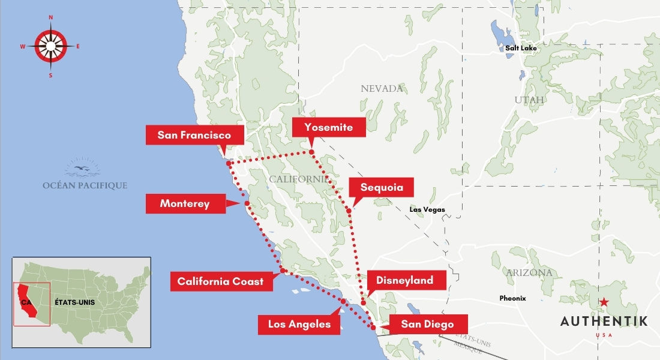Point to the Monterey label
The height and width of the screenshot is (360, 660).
coord(185,204)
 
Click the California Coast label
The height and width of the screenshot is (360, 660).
coord(220,281)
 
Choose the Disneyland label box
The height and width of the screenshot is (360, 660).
coord(405,280)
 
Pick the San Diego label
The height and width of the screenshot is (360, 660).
coord(427,325)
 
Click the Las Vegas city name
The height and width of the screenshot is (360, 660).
coord(427,209)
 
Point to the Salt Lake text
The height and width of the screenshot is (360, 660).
coord(521,48)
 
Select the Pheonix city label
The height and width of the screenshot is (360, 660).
coord(512,298)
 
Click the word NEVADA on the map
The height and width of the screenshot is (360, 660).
coord(382,89)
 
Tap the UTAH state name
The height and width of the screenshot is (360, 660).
coord(529,100)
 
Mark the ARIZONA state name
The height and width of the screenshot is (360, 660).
coord(529,273)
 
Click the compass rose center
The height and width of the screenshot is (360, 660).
coord(50,46)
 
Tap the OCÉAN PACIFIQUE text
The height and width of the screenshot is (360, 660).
coord(85,185)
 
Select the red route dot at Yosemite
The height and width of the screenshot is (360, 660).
coord(312,152)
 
